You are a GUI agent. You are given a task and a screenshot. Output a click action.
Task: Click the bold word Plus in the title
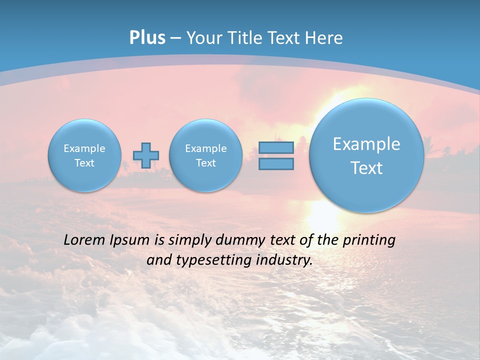tap(147, 38)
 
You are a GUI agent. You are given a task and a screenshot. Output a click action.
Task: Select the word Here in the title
tap(324, 38)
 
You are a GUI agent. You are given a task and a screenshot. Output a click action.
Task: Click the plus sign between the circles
tap(146, 155)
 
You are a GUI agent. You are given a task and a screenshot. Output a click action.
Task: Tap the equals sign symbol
tap(276, 155)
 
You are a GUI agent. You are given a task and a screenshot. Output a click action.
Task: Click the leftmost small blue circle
tap(84, 155)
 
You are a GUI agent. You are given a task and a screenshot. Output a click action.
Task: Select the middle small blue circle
tap(205, 155)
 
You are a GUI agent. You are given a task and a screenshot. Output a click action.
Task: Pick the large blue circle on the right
tap(366, 155)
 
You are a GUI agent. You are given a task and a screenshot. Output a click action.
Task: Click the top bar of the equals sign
tap(276, 147)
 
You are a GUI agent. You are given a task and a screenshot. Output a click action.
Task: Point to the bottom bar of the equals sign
tap(276, 164)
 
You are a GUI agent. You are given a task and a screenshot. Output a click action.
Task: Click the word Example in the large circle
tap(366, 144)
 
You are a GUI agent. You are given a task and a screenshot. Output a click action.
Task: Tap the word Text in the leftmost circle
tap(84, 163)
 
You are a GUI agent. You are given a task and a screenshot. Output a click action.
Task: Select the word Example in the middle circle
tap(205, 148)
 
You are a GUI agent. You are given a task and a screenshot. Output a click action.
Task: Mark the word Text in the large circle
tap(366, 168)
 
